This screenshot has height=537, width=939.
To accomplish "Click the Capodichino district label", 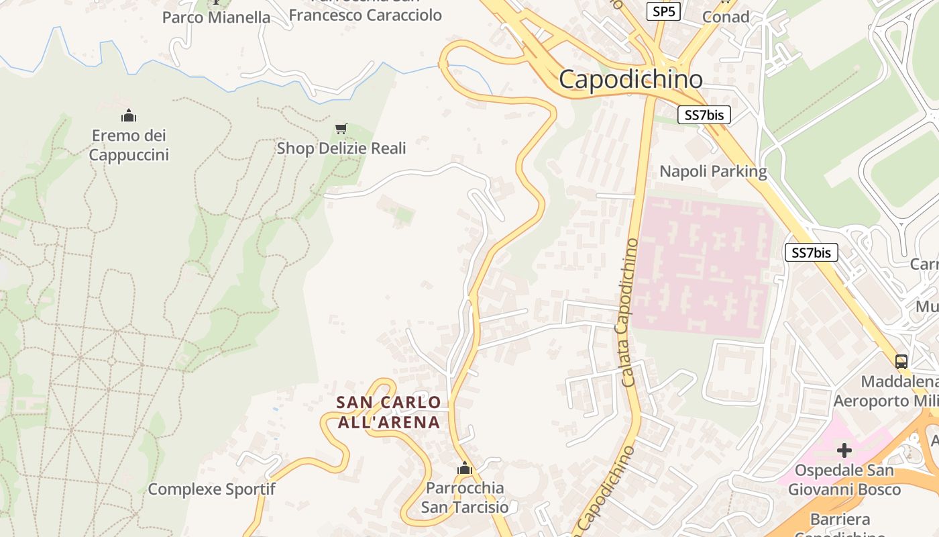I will click(630, 79).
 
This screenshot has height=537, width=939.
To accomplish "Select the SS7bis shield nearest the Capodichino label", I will click(704, 115).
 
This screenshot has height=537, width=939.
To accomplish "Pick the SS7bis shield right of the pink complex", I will click(811, 252).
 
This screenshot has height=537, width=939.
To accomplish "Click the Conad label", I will click(725, 17).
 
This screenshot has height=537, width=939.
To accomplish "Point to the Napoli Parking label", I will click(713, 171).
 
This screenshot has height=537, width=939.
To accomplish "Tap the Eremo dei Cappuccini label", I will click(129, 146).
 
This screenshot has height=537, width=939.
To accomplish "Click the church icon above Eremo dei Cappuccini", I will click(129, 116).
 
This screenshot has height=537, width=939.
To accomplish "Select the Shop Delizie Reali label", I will click(341, 148).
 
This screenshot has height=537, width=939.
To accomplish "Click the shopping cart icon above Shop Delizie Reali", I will click(341, 128).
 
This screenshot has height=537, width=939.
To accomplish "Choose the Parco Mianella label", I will click(216, 17).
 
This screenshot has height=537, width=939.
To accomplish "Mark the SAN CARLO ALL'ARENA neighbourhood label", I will click(389, 412).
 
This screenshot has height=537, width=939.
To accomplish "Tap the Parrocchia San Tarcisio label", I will click(465, 497).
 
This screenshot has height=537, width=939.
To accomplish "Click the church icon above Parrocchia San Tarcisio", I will click(465, 468).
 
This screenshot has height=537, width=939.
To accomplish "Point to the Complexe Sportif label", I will click(211, 489).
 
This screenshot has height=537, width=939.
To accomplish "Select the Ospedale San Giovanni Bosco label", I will click(844, 480).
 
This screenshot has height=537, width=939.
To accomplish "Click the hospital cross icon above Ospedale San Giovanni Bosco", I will click(844, 450).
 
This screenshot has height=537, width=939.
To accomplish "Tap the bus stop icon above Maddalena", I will click(901, 361).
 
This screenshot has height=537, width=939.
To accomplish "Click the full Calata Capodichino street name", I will click(630, 312).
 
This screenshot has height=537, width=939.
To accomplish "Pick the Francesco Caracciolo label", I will click(365, 15).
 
